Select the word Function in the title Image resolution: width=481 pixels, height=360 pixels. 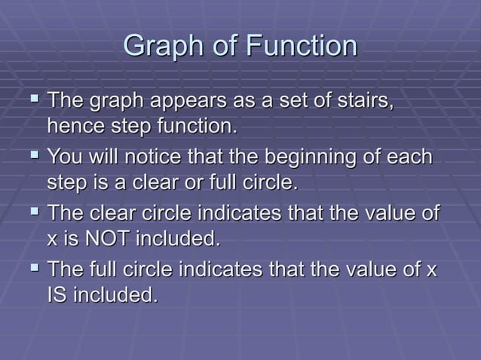300,47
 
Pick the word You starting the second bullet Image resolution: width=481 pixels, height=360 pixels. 65,158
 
